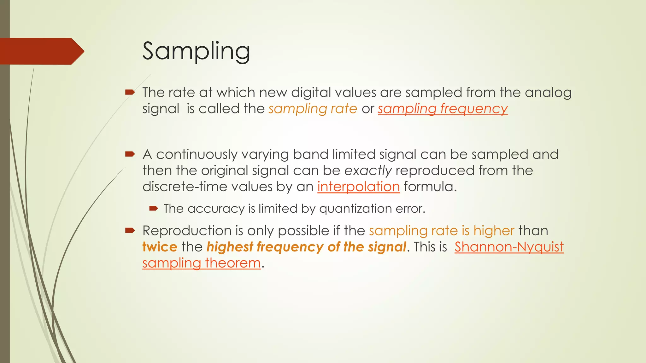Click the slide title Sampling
196,51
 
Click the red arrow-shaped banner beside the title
41,51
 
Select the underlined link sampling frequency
443,109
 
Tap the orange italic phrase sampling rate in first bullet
313,109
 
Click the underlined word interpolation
358,187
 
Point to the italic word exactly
368,170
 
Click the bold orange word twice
160,247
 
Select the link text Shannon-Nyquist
509,247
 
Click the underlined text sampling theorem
201,263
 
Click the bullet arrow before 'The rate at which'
130,92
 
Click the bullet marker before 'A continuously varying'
130,154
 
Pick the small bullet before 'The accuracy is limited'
153,208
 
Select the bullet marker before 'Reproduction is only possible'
130,230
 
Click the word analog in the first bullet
548,93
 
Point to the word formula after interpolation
430,187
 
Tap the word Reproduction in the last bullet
187,231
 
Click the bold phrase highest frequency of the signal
306,247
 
